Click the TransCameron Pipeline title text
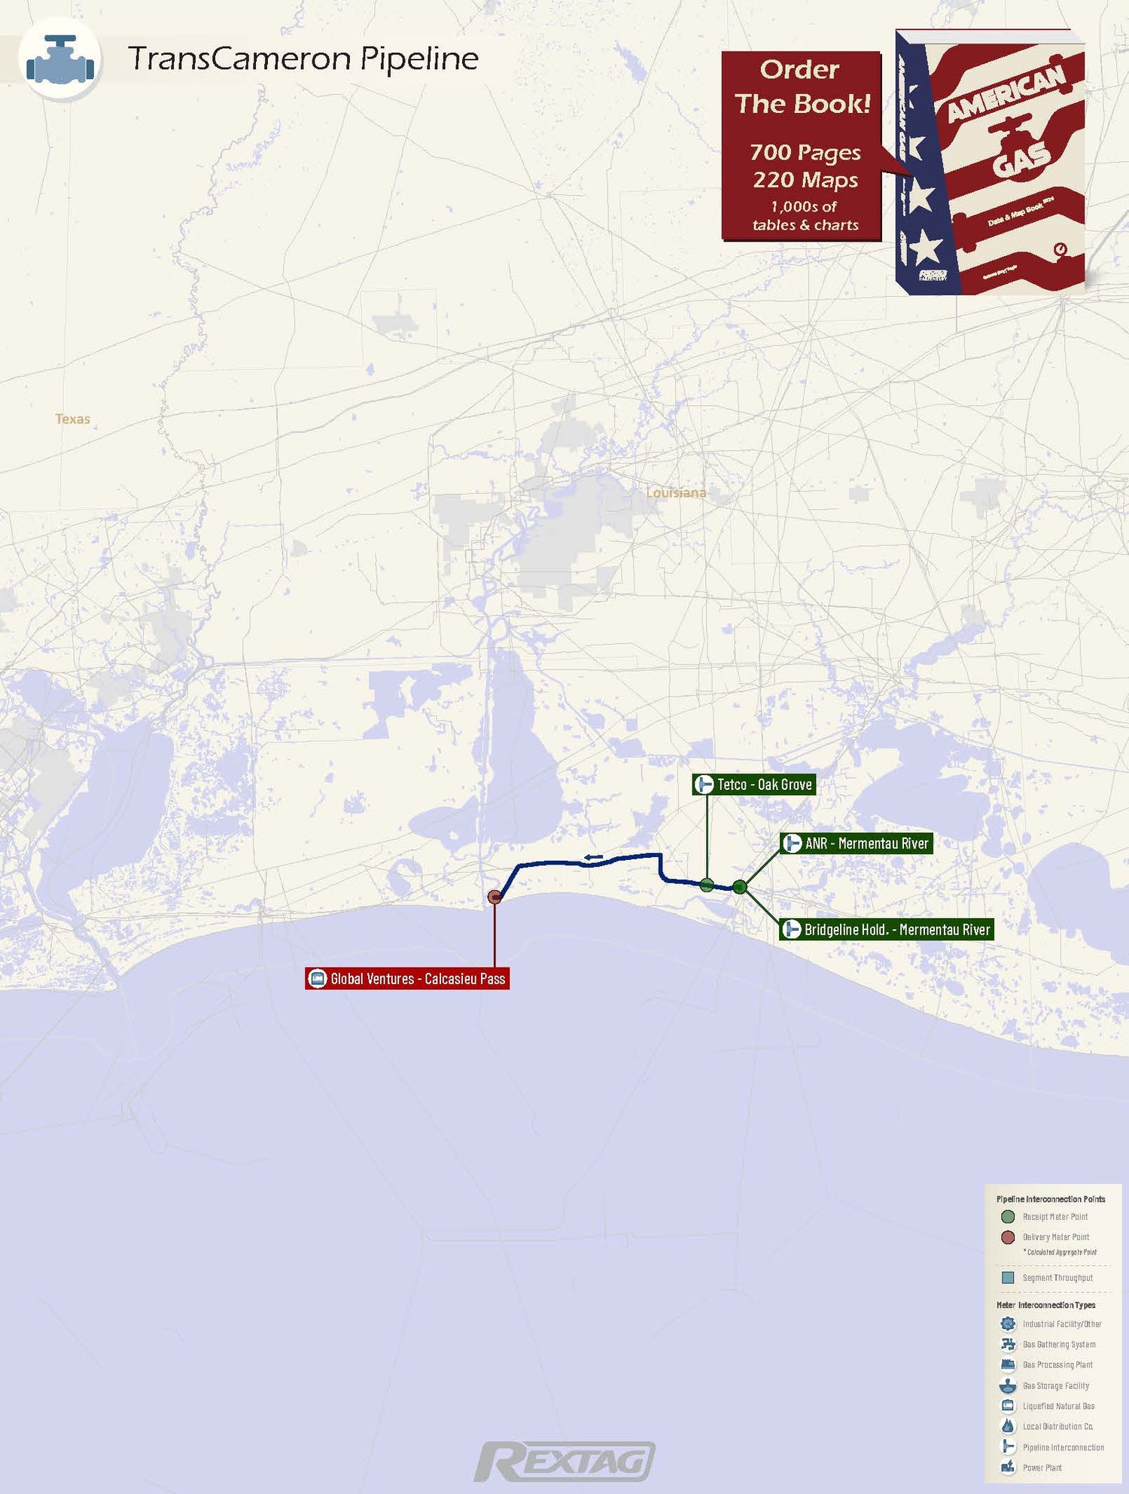303,59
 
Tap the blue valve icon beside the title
60,60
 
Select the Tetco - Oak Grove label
754,785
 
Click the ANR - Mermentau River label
857,843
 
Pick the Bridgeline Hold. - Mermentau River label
887,930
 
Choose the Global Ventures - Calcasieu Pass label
407,979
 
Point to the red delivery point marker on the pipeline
495,896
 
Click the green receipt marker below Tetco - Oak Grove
707,885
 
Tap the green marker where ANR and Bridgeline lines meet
740,886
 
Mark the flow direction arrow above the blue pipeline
593,857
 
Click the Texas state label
72,419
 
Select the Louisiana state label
676,492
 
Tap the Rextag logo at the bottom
564,1462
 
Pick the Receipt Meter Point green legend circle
1008,1216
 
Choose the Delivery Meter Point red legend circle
1008,1237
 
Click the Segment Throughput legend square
1008,1278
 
